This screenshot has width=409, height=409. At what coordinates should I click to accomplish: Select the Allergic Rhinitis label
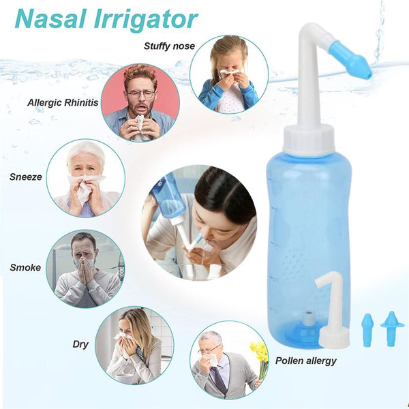[x=63, y=103]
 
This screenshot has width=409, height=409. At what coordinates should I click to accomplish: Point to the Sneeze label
[x=26, y=177]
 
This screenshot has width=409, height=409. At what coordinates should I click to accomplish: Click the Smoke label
[x=25, y=267]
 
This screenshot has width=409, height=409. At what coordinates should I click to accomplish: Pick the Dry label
[x=80, y=344]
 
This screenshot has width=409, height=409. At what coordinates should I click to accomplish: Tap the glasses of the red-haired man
[x=140, y=93]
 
